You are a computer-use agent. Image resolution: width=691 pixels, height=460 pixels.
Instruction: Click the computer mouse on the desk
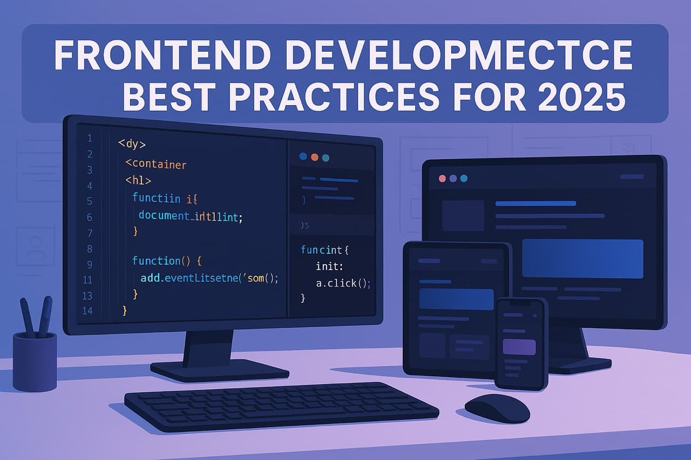tap(497, 407)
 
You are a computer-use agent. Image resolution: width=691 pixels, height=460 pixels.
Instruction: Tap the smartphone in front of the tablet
tap(520, 343)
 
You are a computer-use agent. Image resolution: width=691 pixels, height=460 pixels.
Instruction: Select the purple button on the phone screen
tap(519, 347)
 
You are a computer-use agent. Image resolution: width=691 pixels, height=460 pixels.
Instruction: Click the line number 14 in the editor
tap(87, 311)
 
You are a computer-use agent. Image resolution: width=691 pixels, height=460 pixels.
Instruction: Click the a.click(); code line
tap(343, 282)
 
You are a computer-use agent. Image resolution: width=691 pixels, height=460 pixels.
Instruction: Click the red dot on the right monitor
tap(443, 178)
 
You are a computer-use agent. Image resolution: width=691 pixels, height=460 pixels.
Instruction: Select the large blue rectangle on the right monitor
tap(582, 258)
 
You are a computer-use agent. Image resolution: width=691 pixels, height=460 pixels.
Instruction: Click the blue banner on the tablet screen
tap(456, 299)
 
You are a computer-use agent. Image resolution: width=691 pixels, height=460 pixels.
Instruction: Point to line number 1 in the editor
tap(89, 138)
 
